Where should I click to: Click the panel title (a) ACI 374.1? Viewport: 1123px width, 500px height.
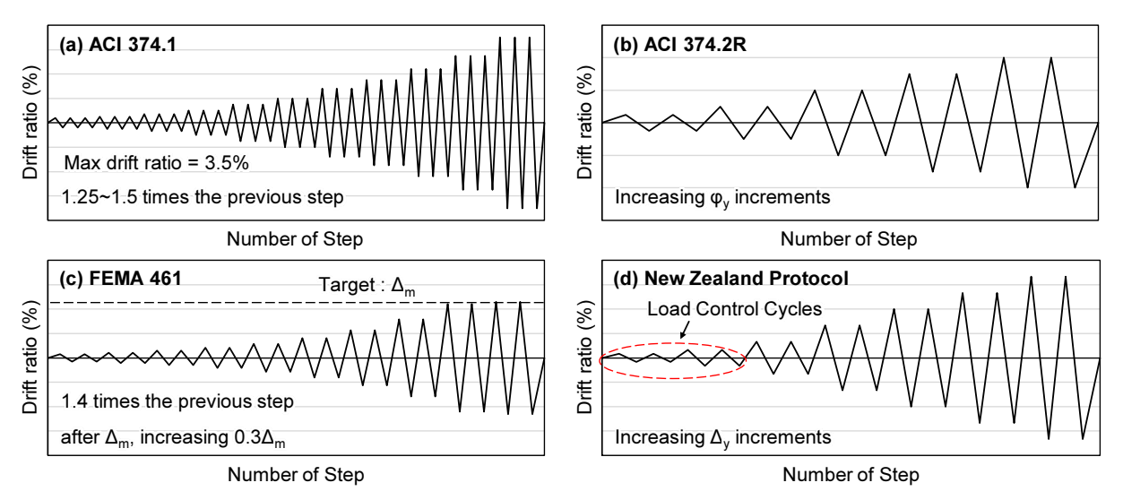coord(117,45)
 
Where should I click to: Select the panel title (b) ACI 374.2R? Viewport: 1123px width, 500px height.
coord(680,45)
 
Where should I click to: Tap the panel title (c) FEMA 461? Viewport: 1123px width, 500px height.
coord(120,279)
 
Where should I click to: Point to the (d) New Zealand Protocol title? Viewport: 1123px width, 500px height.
coord(731,279)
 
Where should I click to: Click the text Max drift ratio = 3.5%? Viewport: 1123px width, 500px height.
coord(157,163)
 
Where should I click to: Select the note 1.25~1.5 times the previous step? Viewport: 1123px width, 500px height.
coord(202,197)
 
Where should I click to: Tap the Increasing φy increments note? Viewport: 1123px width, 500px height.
coord(722,198)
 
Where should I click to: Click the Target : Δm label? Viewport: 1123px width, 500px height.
coord(367,286)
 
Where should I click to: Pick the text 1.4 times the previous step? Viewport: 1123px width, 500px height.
coord(177,401)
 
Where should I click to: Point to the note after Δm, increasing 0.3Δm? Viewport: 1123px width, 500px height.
coord(173,438)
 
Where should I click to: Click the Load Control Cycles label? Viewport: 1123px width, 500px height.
coord(734,309)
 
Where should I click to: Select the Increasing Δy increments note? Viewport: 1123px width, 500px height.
coord(723,438)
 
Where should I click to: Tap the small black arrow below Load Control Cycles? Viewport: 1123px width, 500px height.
coord(685,330)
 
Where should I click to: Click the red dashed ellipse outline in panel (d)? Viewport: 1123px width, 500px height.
coord(673,343)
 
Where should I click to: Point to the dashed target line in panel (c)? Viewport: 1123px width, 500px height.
coord(296,303)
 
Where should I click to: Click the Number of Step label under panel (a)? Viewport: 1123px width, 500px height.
coord(295,239)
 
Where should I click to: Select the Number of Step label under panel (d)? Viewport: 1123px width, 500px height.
coord(851,474)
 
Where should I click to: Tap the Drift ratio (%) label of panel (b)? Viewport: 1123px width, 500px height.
coord(584,122)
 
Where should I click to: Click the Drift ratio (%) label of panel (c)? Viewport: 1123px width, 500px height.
coord(30,358)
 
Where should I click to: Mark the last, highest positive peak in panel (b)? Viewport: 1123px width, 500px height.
coord(1050,57)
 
